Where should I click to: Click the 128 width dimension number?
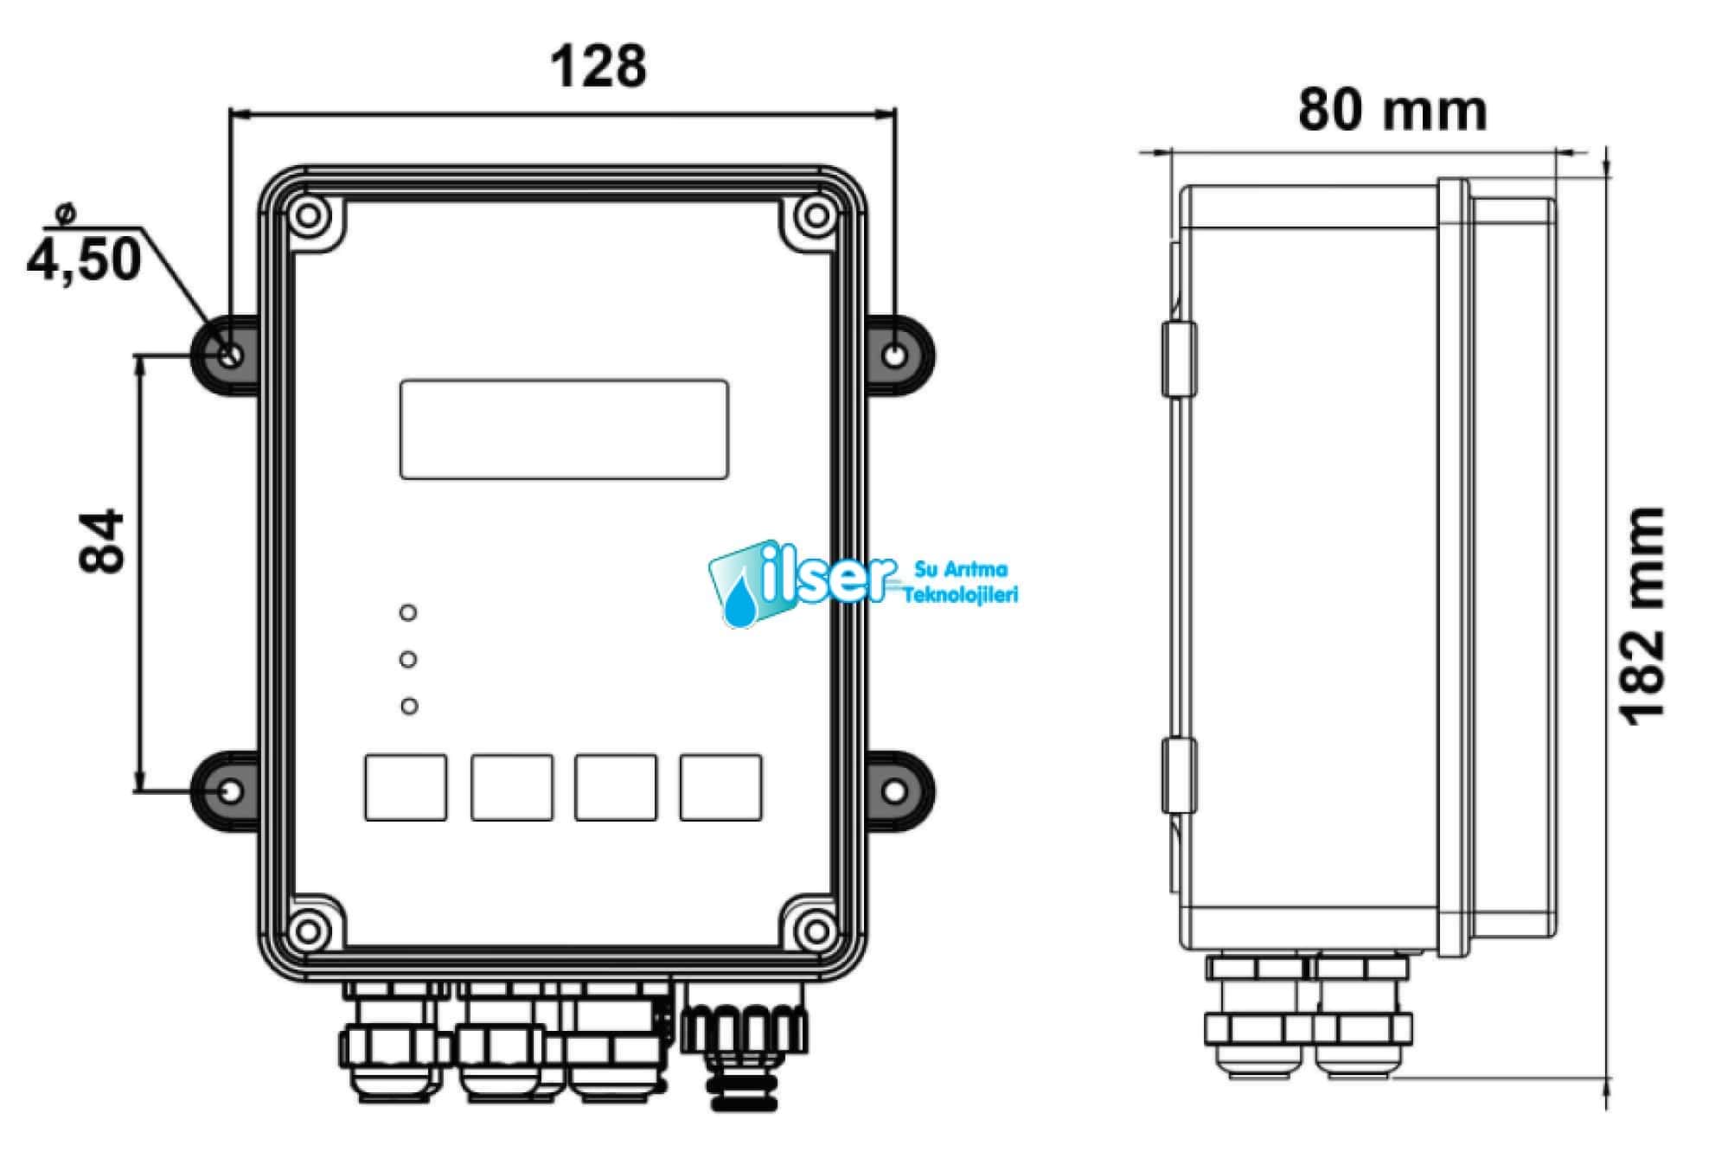click(x=598, y=67)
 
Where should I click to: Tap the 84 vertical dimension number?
click(x=102, y=542)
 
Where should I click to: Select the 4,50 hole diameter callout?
click(x=85, y=259)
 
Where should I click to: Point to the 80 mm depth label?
click(x=1392, y=110)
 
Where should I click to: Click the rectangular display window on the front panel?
click(x=564, y=429)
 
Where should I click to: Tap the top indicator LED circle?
click(x=408, y=612)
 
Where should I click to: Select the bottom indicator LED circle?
click(x=409, y=706)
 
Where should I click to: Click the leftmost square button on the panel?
click(x=406, y=787)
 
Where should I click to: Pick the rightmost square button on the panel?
click(x=721, y=787)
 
